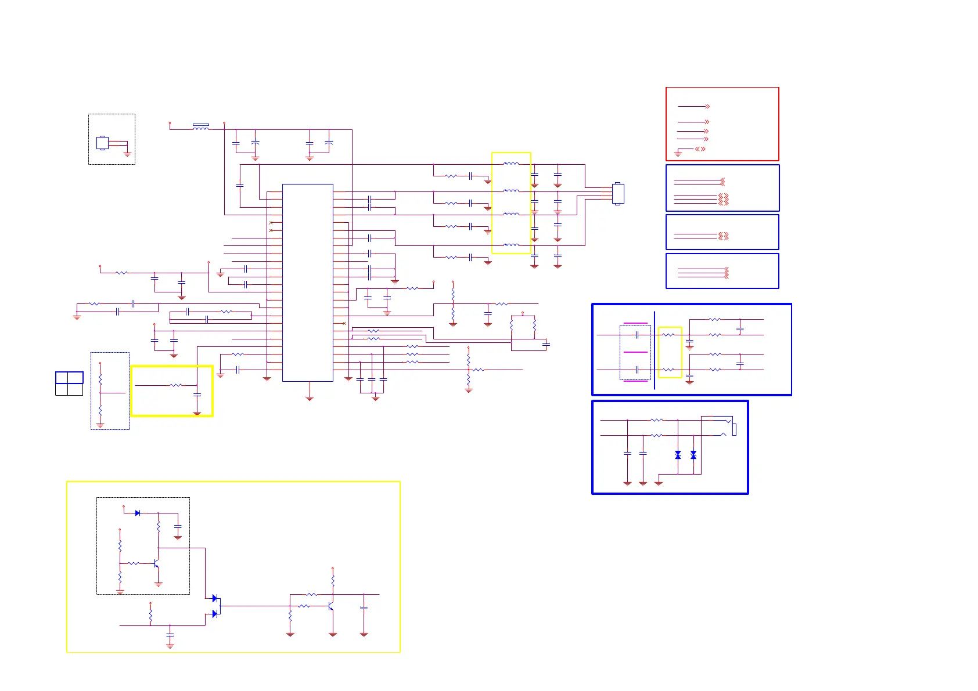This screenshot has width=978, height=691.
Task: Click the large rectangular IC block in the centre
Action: pyautogui.click(x=307, y=283)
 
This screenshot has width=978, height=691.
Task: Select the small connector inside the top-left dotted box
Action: pyautogui.click(x=102, y=143)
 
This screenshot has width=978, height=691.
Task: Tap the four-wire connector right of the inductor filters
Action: pyautogui.click(x=618, y=194)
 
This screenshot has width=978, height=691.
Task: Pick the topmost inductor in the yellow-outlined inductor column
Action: pyautogui.click(x=511, y=164)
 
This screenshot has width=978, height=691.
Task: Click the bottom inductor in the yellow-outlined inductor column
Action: pyautogui.click(x=511, y=245)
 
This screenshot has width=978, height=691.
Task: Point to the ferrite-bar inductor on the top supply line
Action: pyautogui.click(x=200, y=126)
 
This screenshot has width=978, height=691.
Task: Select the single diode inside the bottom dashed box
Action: pyautogui.click(x=138, y=513)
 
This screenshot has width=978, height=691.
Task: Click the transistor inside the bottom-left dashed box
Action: pyautogui.click(x=156, y=563)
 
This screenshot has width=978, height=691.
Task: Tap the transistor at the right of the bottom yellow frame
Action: pyautogui.click(x=331, y=606)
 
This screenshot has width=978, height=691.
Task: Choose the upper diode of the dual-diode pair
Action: pyautogui.click(x=214, y=598)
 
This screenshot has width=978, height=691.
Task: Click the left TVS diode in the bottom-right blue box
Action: pyautogui.click(x=678, y=455)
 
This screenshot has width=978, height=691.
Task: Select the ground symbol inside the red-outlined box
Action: pyautogui.click(x=678, y=154)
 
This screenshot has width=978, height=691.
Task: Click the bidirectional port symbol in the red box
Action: pyautogui.click(x=700, y=149)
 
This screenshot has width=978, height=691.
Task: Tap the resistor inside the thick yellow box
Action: pyautogui.click(x=175, y=385)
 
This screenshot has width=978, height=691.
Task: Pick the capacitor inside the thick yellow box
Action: pyautogui.click(x=197, y=395)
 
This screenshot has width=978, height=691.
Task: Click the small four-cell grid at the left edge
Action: pyautogui.click(x=69, y=384)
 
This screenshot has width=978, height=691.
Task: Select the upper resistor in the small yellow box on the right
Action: pyautogui.click(x=669, y=335)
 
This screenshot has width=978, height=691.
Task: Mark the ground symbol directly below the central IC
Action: pyautogui.click(x=310, y=398)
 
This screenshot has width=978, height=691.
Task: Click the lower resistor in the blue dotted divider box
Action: pyautogui.click(x=100, y=411)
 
